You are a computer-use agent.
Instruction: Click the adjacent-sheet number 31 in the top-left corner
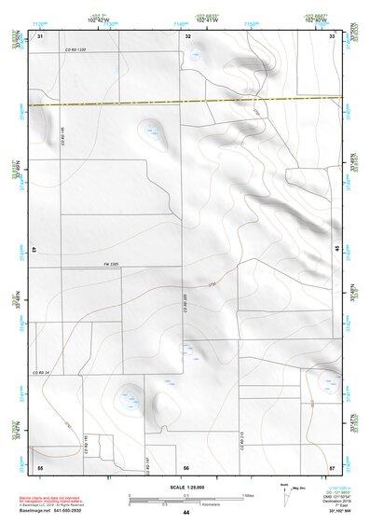pos(40,35)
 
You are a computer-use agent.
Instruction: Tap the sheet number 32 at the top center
pos(188,35)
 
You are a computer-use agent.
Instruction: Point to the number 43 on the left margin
pos(34,250)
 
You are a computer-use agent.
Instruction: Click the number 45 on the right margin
pos(336,249)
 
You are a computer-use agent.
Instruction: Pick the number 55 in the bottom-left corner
pos(40,466)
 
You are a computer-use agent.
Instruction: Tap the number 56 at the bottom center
pos(186,466)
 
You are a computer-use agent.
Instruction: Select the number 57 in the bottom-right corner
pos(332,466)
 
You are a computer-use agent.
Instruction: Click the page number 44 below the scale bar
pos(186,512)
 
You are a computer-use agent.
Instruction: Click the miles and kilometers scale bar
pos(186,498)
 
